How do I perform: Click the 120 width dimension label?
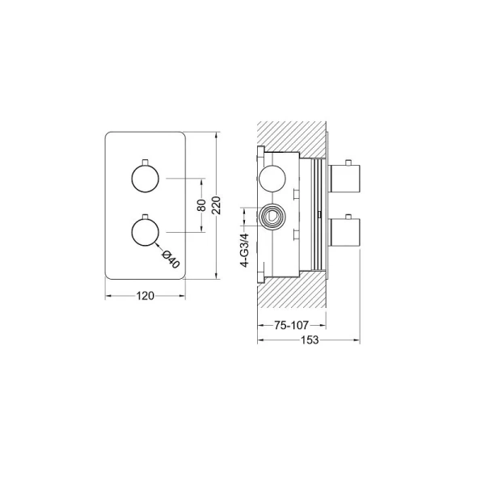(x=145, y=296)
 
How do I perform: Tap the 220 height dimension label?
(x=217, y=205)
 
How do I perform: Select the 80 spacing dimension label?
(x=201, y=205)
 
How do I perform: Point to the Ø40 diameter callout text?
(x=171, y=259)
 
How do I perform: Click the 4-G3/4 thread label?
(x=244, y=251)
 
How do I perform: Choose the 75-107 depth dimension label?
(x=291, y=325)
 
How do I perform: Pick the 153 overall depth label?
(x=310, y=340)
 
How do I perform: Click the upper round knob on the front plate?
(x=145, y=179)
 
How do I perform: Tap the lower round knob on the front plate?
(x=145, y=232)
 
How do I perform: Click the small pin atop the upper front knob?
(x=145, y=162)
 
